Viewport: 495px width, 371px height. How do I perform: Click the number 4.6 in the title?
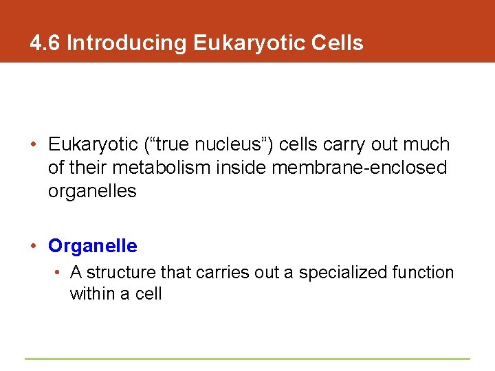(46, 43)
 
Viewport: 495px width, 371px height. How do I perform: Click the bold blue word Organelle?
(92, 245)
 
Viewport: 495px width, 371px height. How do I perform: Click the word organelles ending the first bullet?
(92, 191)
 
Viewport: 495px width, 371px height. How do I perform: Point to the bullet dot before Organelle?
(34, 246)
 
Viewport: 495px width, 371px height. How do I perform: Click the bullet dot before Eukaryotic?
(34, 145)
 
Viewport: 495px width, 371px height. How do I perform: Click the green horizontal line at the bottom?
(247, 359)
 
